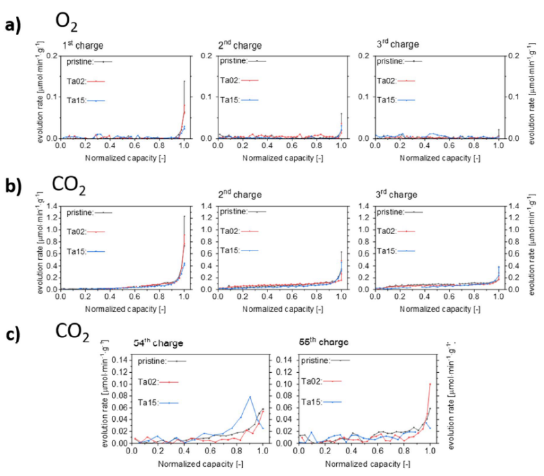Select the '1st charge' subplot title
click(83, 46)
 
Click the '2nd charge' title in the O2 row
click(241, 46)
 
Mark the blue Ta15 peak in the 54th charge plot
click(249, 397)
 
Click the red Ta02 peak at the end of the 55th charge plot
click(430, 383)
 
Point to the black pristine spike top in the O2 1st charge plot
click(184, 81)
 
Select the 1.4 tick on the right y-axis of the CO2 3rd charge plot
click(513, 207)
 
